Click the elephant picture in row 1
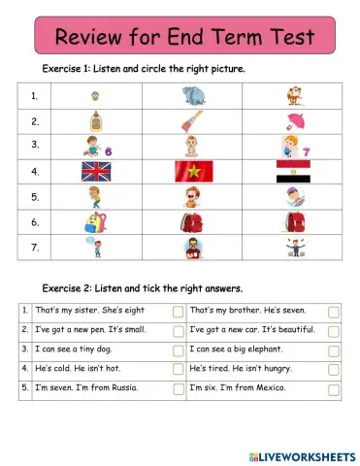click(x=192, y=96)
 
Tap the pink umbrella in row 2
click(x=295, y=122)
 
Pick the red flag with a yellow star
click(x=192, y=172)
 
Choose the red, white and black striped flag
click(x=294, y=172)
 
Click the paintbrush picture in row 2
click(x=192, y=122)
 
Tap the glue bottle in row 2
click(x=95, y=122)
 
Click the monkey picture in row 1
click(x=293, y=96)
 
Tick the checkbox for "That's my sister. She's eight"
click(x=178, y=312)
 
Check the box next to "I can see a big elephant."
click(x=333, y=349)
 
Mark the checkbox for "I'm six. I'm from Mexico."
click(x=333, y=388)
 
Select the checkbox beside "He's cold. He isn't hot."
click(x=178, y=369)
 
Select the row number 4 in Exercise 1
click(x=34, y=172)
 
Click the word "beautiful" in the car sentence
click(x=299, y=330)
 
